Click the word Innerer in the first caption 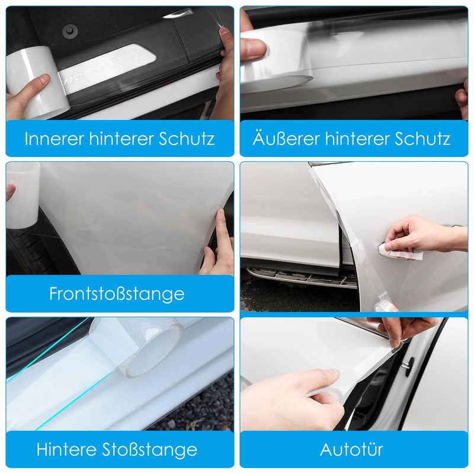pyautogui.click(x=54, y=139)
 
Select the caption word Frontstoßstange pyautogui.click(x=117, y=294)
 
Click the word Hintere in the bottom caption pyautogui.click(x=66, y=449)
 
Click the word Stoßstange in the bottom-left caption pyautogui.click(x=149, y=449)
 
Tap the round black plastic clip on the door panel pyautogui.click(x=71, y=31)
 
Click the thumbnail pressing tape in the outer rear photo pyautogui.click(x=254, y=48)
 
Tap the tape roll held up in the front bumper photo pyautogui.click(x=23, y=196)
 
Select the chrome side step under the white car pyautogui.click(x=300, y=277)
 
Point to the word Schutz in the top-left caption pyautogui.click(x=187, y=139)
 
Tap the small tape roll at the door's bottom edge pyautogui.click(x=384, y=307)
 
